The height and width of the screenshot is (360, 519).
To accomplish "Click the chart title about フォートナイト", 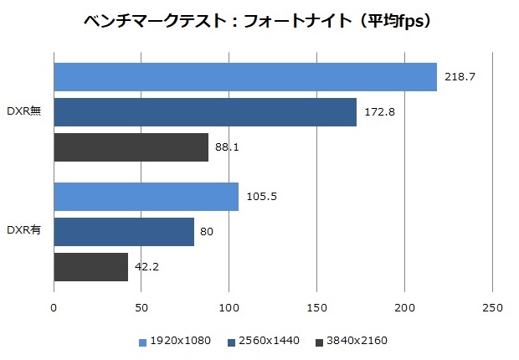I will (259, 21).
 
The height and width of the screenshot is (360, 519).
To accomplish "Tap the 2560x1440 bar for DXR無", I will (205, 112).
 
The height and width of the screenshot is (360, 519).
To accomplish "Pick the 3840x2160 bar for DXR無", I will (131, 147).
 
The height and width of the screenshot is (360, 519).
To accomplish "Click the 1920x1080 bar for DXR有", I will (146, 197).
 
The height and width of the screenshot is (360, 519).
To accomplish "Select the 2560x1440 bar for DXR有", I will (124, 232).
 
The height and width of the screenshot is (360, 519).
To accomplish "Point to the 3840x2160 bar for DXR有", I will (91, 267).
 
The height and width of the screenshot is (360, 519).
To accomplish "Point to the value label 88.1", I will (226, 147).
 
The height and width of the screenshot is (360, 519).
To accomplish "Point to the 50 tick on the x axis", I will (141, 308).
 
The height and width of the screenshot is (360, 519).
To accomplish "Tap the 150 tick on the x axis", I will (317, 308).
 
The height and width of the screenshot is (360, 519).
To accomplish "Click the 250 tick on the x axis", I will (492, 308).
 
